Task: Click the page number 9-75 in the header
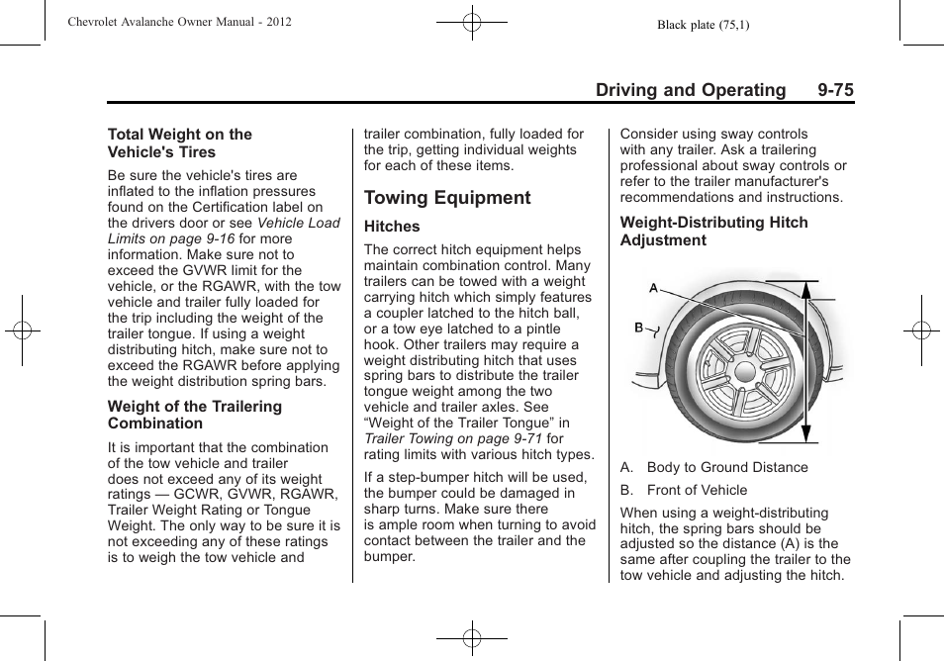pyautogui.click(x=835, y=90)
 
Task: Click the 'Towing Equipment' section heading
pyautogui.click(x=447, y=198)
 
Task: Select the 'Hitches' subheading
pyautogui.click(x=392, y=227)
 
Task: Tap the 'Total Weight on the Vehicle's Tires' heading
pyautogui.click(x=179, y=143)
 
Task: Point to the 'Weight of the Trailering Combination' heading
pyautogui.click(x=194, y=415)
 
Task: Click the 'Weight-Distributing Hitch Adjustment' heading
pyautogui.click(x=713, y=232)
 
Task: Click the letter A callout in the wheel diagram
pyautogui.click(x=653, y=288)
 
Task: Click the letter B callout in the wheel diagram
pyautogui.click(x=639, y=328)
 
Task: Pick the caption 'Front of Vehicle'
pyautogui.click(x=697, y=490)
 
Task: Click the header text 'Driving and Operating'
pyautogui.click(x=691, y=90)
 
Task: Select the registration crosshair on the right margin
pyautogui.click(x=920, y=330)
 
